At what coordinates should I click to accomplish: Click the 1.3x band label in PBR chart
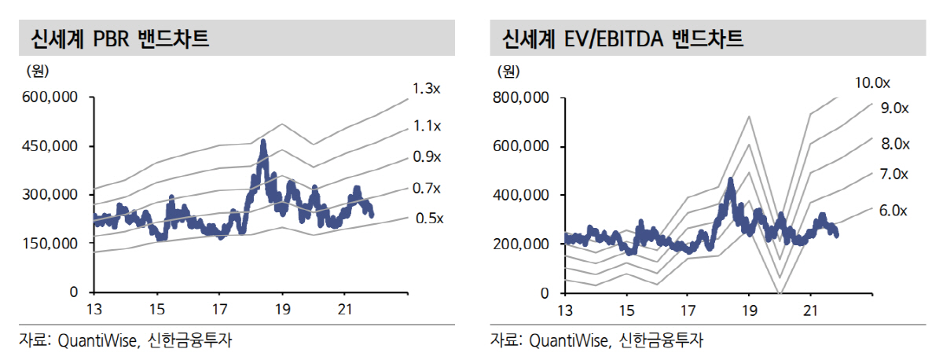tap(427, 89)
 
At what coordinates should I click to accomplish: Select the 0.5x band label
tap(427, 218)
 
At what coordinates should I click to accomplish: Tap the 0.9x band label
tap(427, 156)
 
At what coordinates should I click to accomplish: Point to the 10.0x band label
tap(873, 83)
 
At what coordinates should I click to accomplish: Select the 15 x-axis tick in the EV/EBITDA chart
tap(626, 309)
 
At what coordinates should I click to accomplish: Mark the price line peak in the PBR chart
tap(263, 142)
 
